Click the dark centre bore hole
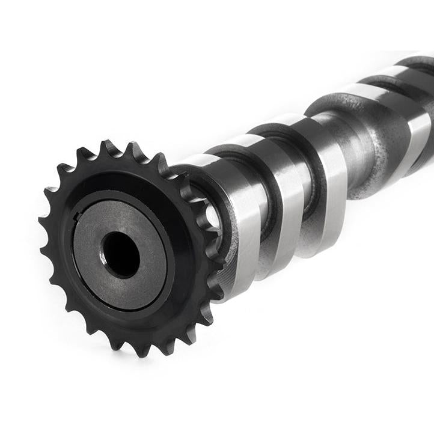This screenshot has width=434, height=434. click(x=121, y=254)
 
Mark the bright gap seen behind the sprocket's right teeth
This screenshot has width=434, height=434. click(x=212, y=216)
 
